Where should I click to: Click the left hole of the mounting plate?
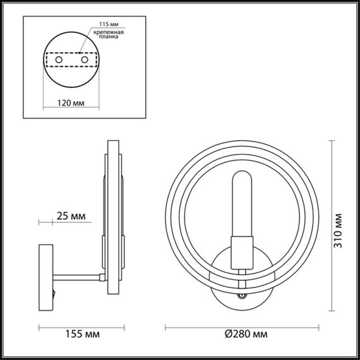click(x=59, y=59)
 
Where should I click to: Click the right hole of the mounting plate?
click(x=83, y=59)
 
